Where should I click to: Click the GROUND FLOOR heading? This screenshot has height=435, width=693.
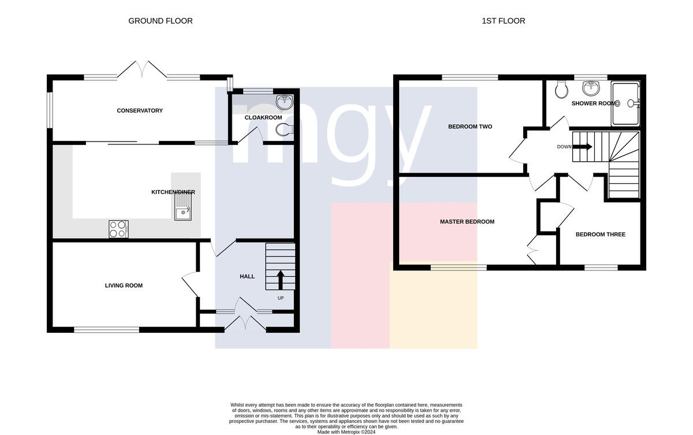161,21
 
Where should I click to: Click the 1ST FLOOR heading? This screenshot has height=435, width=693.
504,21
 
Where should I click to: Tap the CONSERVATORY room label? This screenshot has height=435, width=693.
140,110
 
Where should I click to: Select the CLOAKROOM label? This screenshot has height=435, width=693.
263,118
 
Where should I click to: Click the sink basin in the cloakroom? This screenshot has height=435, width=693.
285,102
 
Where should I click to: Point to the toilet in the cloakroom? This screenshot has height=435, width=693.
284,130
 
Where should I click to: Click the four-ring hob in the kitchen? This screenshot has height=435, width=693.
118,229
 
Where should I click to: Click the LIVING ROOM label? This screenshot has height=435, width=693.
124,285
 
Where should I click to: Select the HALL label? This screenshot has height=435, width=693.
247,277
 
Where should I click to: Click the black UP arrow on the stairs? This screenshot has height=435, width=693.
281,280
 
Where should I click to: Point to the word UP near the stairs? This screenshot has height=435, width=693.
281,298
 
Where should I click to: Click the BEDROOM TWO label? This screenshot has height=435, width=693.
470,127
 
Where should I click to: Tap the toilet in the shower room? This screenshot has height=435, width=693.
561,90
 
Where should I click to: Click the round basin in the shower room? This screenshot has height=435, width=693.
591,88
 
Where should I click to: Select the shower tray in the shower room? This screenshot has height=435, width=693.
625,103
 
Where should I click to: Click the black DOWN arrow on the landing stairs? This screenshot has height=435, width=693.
582,147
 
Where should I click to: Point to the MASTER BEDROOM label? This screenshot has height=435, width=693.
467,222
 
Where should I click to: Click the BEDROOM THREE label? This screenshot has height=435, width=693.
601,235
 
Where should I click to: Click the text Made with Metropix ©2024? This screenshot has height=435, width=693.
346,432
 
